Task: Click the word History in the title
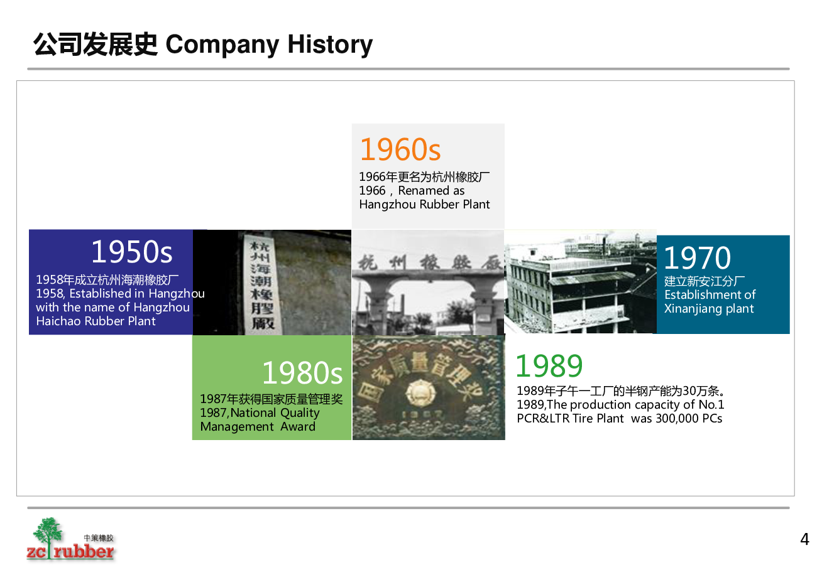330,45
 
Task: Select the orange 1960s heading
400,149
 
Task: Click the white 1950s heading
132,251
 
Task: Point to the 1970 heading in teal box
697,257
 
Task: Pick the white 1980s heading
302,373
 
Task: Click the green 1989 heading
549,366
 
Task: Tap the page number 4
804,539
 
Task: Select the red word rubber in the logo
84,551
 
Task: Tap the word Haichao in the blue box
58,321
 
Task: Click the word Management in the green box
237,427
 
